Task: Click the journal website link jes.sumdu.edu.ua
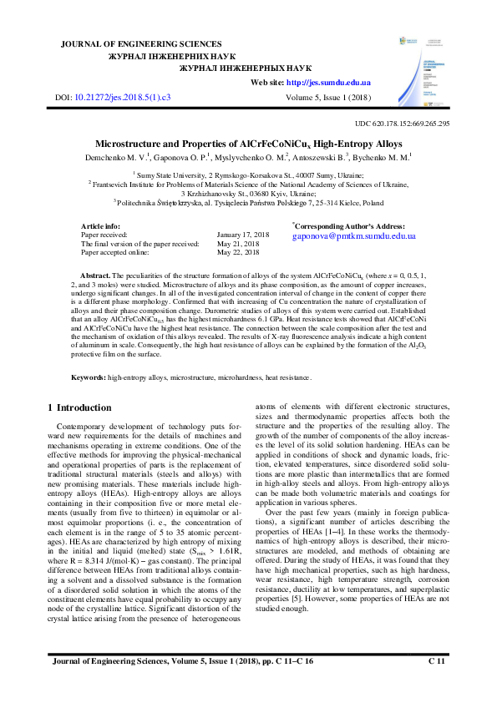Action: point(330,83)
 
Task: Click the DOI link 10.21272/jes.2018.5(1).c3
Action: point(123,98)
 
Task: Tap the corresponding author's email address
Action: point(353,236)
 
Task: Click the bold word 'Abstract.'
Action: point(95,275)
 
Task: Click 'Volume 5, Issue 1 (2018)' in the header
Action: point(327,98)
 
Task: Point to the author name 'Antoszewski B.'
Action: point(320,157)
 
